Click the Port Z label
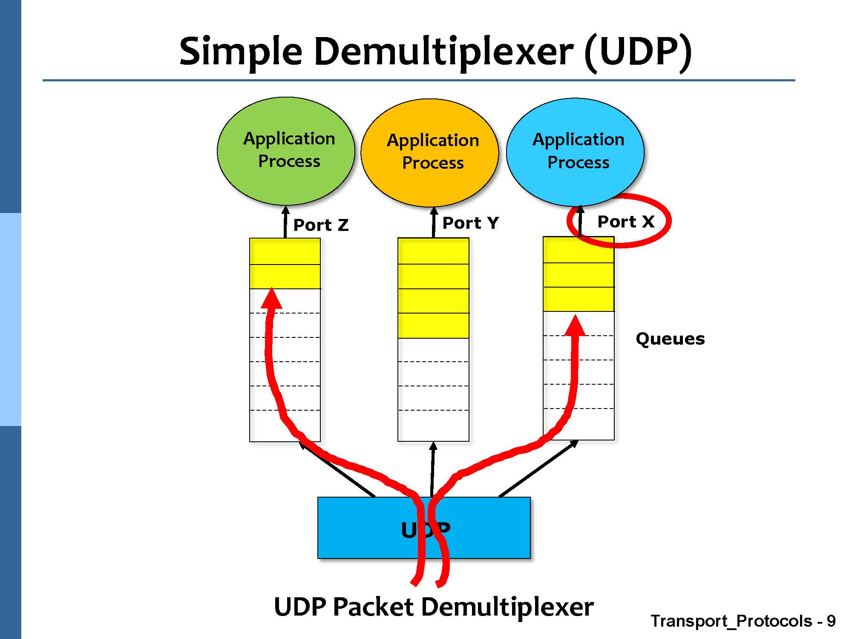[x=321, y=225]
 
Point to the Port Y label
[x=470, y=222]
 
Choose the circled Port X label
[x=625, y=221]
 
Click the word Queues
[x=670, y=339]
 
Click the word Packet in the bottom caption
[x=373, y=607]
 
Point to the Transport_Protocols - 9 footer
[x=743, y=621]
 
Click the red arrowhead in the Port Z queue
[x=271, y=298]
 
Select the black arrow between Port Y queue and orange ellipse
[x=434, y=222]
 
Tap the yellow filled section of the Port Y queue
[x=433, y=288]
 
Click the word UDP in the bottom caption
[x=300, y=607]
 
